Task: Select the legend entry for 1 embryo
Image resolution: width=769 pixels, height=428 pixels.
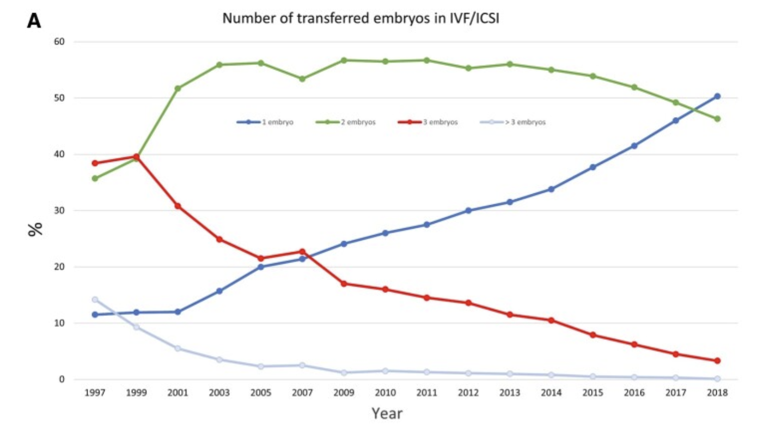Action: click(265, 123)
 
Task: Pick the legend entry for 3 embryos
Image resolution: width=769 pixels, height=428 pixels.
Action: click(428, 123)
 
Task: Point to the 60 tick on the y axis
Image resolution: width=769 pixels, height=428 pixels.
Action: click(58, 42)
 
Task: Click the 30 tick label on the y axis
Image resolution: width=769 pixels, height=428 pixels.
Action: click(58, 211)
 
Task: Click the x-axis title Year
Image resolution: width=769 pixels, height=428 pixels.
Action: click(387, 414)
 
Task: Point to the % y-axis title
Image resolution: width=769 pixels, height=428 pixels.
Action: click(35, 229)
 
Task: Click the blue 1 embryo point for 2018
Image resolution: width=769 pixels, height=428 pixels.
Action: click(717, 96)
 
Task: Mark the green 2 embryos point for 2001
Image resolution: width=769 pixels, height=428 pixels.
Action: click(178, 88)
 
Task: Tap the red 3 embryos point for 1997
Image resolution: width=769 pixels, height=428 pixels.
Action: click(95, 163)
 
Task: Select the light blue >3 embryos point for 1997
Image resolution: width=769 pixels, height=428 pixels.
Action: click(95, 299)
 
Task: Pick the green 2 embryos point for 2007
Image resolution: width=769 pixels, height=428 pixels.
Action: click(302, 79)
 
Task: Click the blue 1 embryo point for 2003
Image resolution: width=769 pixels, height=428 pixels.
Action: click(219, 291)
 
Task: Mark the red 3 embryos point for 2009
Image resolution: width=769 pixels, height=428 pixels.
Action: click(344, 284)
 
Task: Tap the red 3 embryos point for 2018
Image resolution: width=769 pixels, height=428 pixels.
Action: click(717, 360)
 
